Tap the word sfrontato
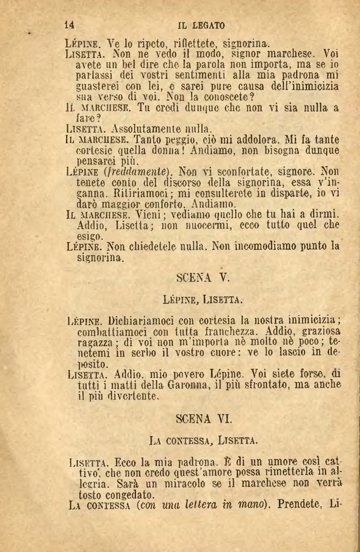pos(260,385)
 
